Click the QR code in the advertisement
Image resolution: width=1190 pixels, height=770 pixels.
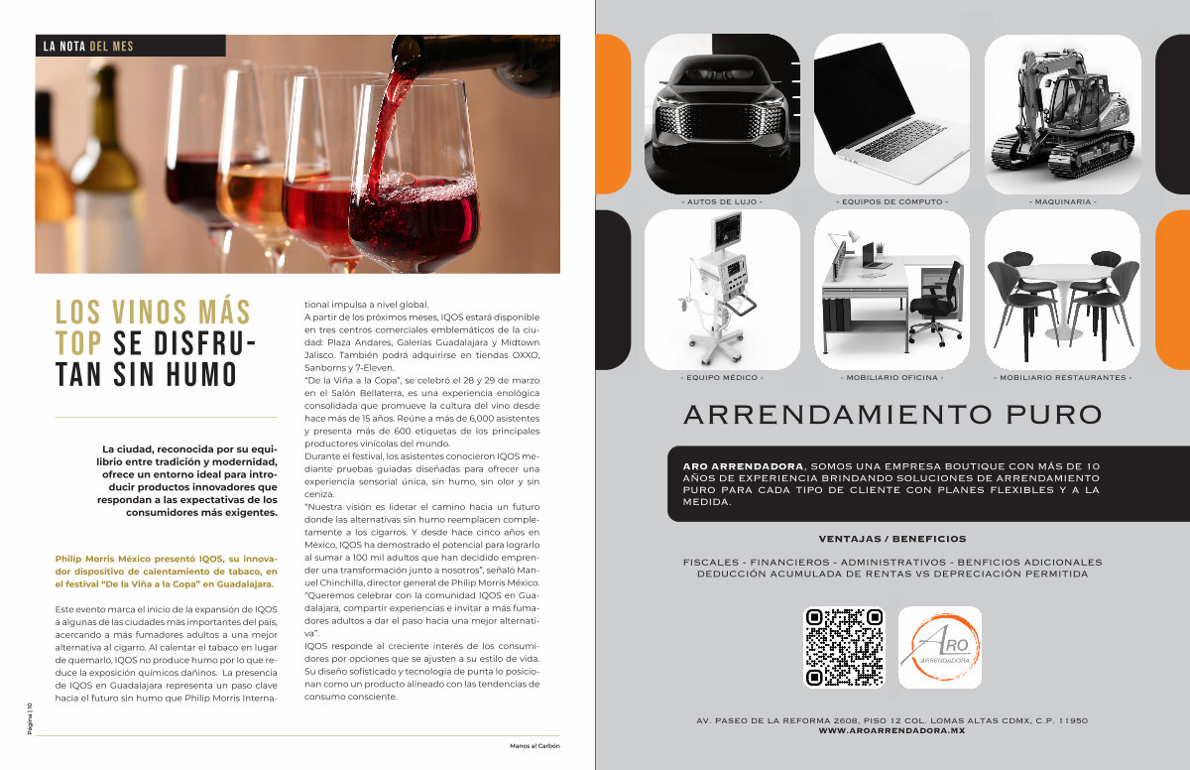click(x=844, y=647)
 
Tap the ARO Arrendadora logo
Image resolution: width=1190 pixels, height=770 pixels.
click(x=940, y=647)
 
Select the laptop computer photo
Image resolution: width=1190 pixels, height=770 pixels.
click(x=892, y=114)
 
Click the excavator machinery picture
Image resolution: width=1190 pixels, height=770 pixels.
click(x=1062, y=114)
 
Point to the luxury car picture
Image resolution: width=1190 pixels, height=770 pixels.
click(x=722, y=114)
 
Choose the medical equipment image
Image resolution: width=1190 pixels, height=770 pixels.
click(x=722, y=290)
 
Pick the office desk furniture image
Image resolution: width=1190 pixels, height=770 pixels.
click(x=892, y=290)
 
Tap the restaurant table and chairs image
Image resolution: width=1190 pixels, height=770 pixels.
click(x=1062, y=290)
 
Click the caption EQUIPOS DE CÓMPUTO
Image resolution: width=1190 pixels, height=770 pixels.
click(x=892, y=202)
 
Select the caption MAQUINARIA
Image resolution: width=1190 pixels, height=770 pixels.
click(x=1062, y=202)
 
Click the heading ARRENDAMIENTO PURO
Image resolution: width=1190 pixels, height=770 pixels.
click(x=892, y=415)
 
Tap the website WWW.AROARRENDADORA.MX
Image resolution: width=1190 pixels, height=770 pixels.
click(x=892, y=730)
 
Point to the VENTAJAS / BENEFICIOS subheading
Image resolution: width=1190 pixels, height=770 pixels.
click(x=892, y=539)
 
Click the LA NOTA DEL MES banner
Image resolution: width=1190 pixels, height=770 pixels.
click(x=131, y=46)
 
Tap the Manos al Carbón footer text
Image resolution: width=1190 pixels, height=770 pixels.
click(x=535, y=746)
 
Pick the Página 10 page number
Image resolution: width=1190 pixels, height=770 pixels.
click(x=30, y=718)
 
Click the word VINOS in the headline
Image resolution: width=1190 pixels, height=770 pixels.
click(x=150, y=312)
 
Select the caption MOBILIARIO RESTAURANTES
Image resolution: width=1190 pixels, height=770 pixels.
click(x=1062, y=378)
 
